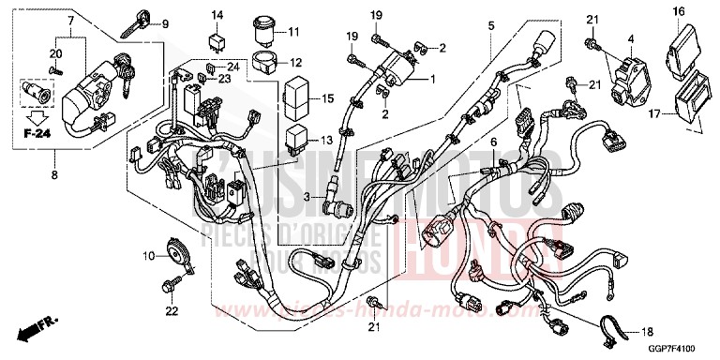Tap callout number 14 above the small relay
[x=217, y=14]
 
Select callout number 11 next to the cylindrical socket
[x=293, y=32]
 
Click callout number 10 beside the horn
[x=149, y=256]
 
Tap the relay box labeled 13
[x=297, y=137]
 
